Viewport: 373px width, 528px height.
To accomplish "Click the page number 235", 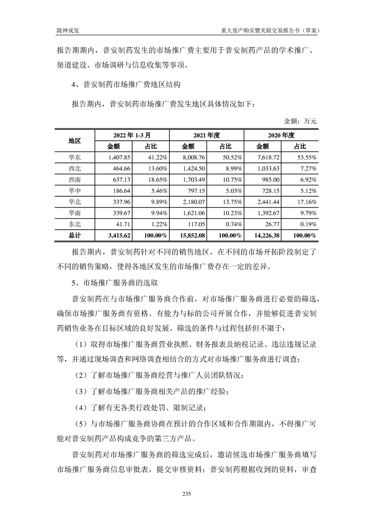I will coord(186,493).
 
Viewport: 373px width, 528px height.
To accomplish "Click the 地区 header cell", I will coord(75,141).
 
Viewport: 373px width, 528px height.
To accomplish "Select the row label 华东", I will coord(75,157).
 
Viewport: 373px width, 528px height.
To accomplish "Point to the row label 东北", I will coord(75,224).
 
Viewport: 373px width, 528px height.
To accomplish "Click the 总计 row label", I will coord(75,236).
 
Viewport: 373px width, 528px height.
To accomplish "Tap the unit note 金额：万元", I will coord(301,121).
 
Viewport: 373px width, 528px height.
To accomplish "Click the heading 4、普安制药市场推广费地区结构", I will coord(130,85).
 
